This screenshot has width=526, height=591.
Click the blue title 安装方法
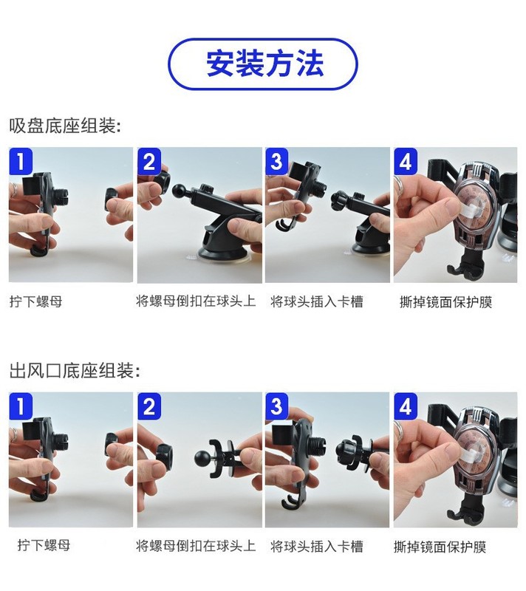coord(265,64)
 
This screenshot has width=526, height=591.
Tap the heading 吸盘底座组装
coord(65,126)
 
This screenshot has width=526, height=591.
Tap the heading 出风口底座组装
coord(75,371)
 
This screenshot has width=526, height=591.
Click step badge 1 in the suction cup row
coord(21,161)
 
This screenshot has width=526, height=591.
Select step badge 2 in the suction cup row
coord(149,161)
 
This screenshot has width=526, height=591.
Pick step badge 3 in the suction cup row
coord(277,161)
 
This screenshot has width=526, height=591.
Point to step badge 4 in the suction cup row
coord(406,161)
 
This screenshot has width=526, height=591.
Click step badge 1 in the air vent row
coord(21,406)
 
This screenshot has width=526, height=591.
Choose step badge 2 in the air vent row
coord(149,406)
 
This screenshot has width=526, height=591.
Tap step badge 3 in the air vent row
coord(277,406)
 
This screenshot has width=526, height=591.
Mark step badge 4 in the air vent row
coord(406,406)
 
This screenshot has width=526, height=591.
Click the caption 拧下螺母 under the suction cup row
coord(36,301)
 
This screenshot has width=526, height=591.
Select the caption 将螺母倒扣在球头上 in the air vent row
coord(196,546)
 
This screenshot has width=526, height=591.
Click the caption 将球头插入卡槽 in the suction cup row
coord(317,301)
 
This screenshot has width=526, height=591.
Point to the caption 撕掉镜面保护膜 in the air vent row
coord(440,547)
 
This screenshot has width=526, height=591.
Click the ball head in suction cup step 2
coord(180,191)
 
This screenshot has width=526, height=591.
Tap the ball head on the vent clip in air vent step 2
coord(203,457)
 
